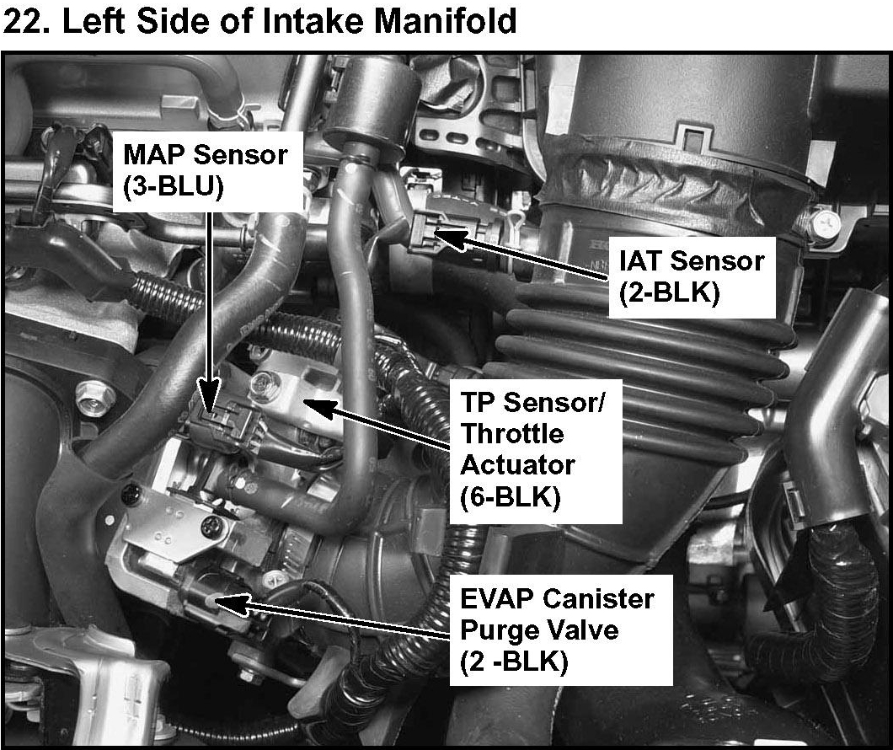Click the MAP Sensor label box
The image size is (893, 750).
click(208, 172)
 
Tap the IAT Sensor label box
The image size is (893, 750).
click(692, 277)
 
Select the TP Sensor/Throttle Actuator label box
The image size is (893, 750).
click(535, 451)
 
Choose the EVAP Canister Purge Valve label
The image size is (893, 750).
click(561, 629)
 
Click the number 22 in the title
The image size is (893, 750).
click(24, 21)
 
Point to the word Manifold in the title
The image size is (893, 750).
click(446, 21)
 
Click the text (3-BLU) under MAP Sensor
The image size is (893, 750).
click(174, 187)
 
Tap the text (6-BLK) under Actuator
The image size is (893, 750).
click(511, 497)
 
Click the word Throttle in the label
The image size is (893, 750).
click(512, 434)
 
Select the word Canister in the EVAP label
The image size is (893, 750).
click(598, 598)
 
